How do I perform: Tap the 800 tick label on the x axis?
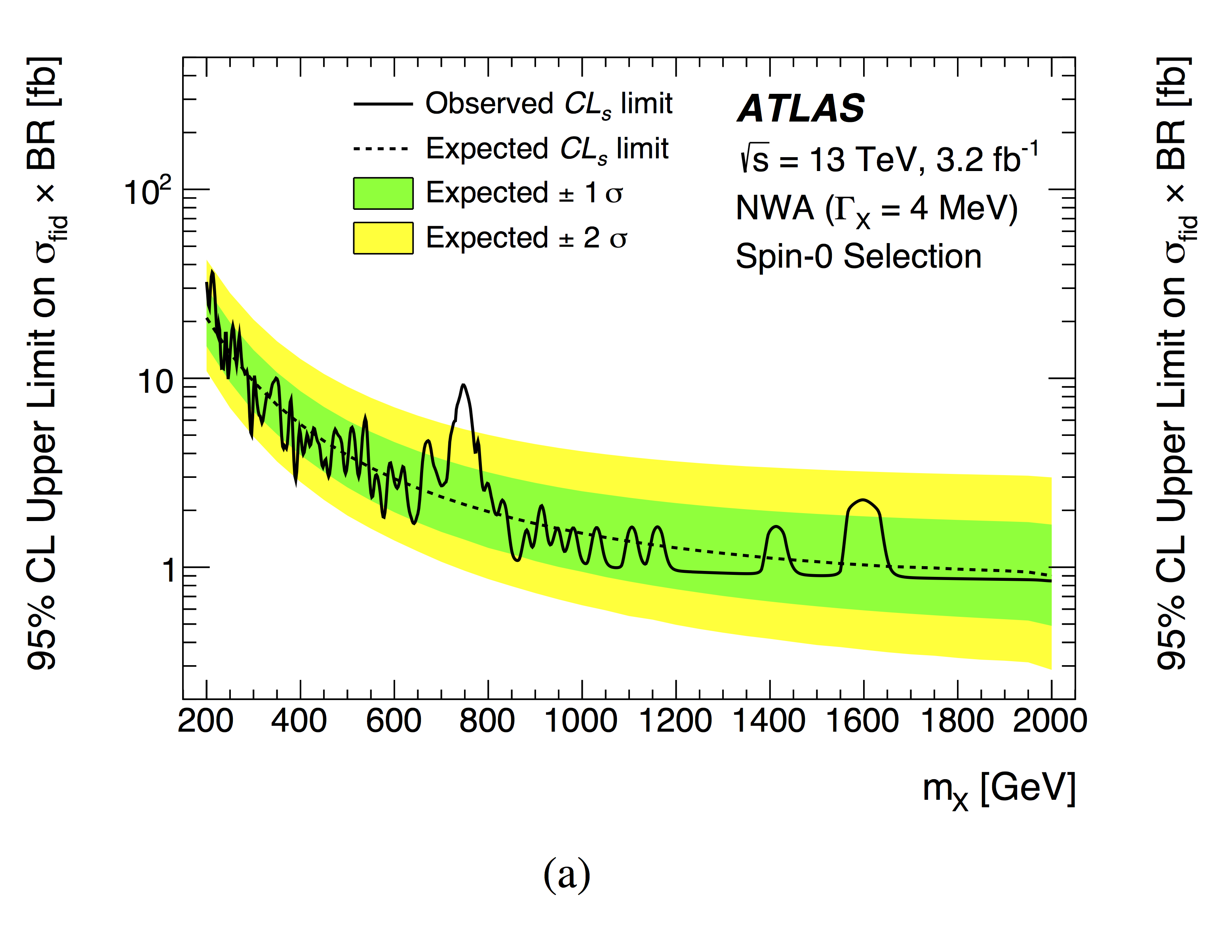coord(487,721)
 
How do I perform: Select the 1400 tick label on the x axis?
coord(769,721)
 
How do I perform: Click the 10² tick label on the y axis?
coord(148,192)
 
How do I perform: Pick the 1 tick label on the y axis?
coord(169,570)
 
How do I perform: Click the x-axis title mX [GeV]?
coord(999,789)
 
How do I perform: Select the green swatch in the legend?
coord(383,194)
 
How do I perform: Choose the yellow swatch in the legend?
coord(383,238)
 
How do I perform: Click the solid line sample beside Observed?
coord(383,104)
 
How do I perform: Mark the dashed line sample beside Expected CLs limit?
coord(382,149)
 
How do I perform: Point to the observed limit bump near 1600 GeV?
coord(863,500)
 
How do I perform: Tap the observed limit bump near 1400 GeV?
coord(776,527)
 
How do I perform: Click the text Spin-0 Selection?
coord(858,257)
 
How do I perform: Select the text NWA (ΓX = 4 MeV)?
coord(877,210)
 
